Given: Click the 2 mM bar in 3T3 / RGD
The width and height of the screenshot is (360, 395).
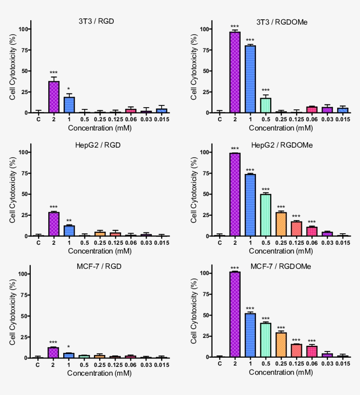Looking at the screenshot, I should tap(54, 97).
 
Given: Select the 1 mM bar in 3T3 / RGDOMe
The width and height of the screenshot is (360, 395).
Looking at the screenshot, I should tap(250, 79).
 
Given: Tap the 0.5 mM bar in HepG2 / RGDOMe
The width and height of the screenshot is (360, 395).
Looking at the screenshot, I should tap(265, 215).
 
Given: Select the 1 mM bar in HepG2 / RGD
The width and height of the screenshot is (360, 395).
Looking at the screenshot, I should tap(68, 231).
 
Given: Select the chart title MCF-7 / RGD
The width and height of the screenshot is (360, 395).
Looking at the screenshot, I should tap(95, 266).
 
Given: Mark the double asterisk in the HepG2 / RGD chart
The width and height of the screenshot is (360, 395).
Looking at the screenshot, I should tap(68, 221).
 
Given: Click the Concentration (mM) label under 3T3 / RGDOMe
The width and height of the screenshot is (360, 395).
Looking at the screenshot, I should tap(281, 128).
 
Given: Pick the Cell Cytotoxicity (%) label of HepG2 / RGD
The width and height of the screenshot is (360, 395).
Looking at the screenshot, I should tap(12, 194).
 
